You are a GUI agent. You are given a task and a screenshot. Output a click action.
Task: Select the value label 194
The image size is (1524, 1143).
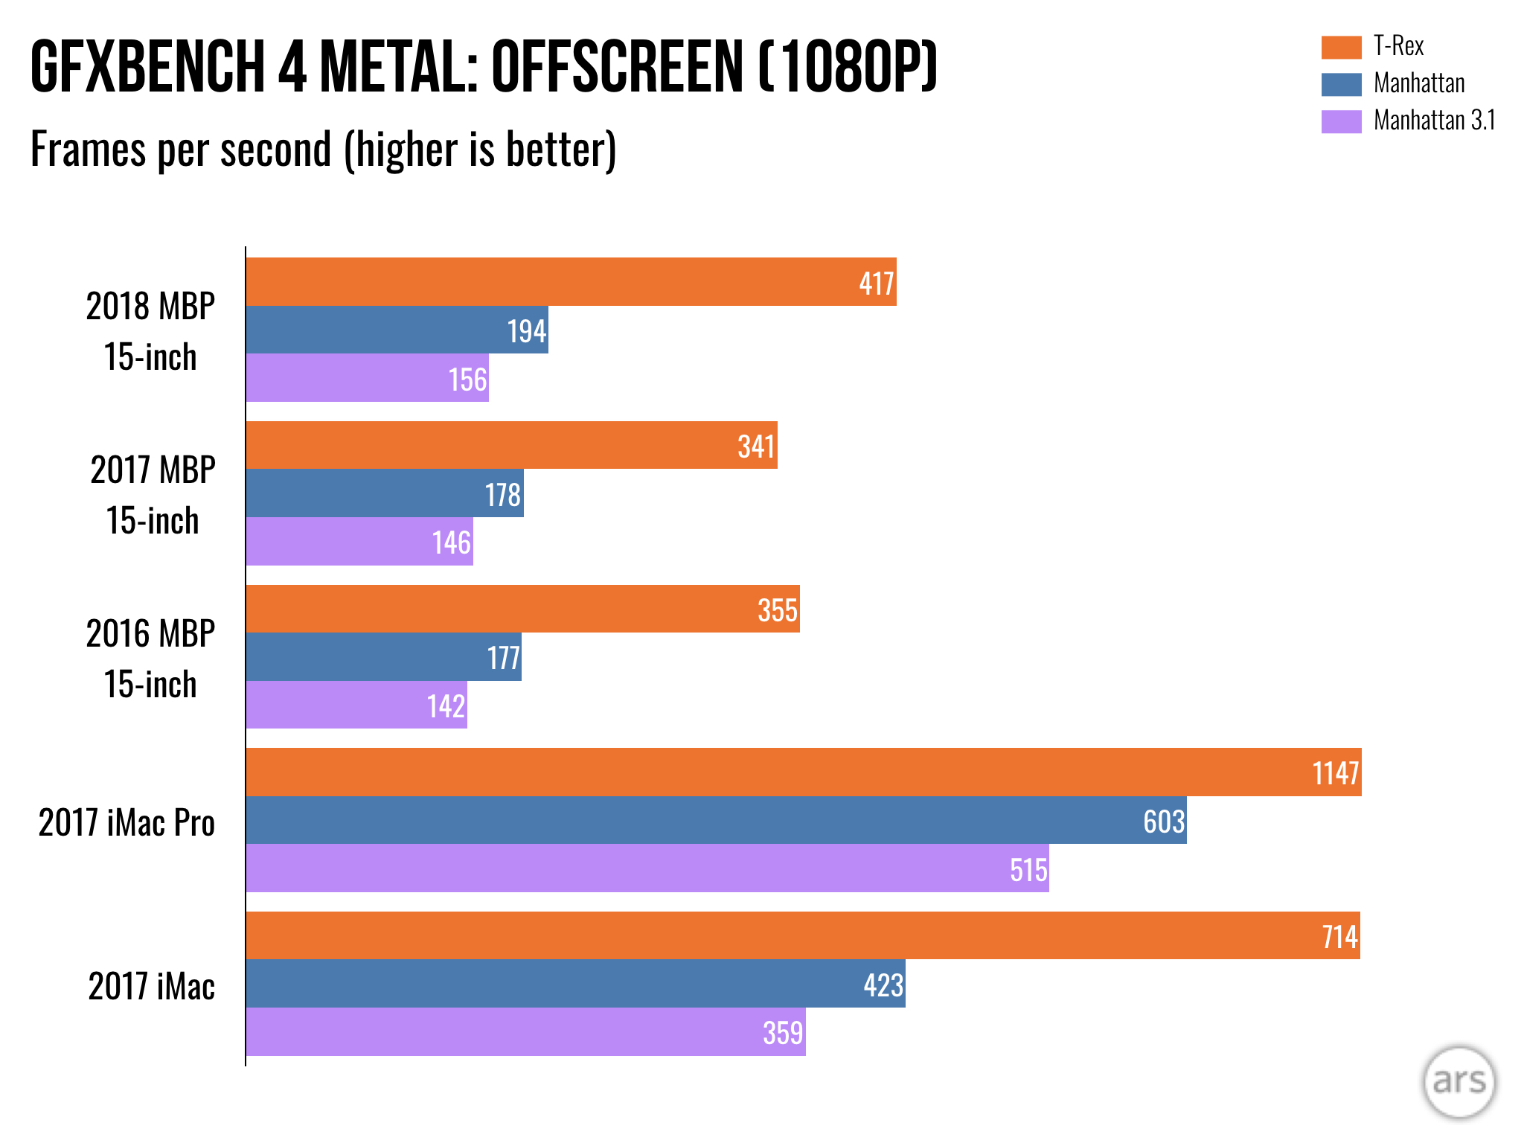click(x=527, y=331)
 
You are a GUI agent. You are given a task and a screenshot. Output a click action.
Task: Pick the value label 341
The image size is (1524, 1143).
click(x=756, y=446)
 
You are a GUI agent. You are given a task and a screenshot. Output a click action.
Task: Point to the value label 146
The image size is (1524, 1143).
click(x=452, y=542)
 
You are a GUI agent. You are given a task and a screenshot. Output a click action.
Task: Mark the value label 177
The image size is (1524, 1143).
click(x=504, y=658)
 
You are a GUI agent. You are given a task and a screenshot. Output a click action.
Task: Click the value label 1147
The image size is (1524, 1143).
click(x=1336, y=773)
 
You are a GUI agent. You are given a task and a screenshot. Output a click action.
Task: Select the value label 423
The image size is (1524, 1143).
click(x=883, y=985)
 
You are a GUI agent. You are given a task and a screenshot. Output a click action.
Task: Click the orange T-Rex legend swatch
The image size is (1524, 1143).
click(x=1341, y=47)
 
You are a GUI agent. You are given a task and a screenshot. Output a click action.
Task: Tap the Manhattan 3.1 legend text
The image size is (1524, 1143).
click(x=1434, y=121)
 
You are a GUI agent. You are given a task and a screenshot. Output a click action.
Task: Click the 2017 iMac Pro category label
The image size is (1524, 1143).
click(x=127, y=823)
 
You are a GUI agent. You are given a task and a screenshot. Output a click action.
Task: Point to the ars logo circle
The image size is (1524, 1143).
click(x=1459, y=1082)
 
